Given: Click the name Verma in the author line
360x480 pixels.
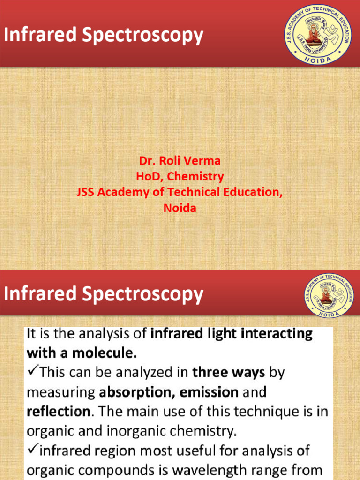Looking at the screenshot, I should (x=202, y=161).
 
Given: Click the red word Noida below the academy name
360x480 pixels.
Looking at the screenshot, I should (x=180, y=208).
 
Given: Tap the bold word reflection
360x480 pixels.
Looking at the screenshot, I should (x=58, y=412).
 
